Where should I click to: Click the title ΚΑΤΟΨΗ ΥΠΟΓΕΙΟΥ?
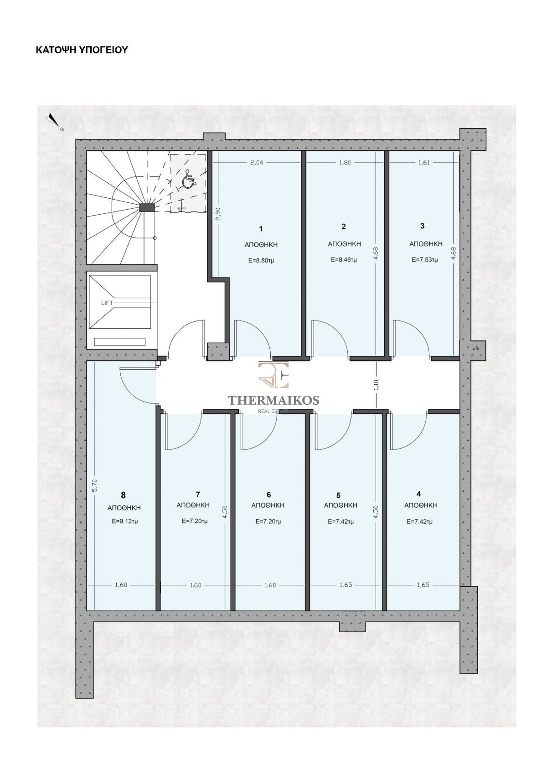click(82, 50)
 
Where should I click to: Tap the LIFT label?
click(107, 303)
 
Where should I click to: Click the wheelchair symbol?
click(189, 180)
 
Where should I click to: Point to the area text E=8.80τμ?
click(261, 261)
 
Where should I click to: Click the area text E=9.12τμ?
click(125, 521)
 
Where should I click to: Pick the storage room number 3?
click(422, 226)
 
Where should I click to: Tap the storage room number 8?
click(124, 495)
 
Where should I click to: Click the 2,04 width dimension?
click(256, 162)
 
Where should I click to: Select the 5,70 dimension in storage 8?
click(96, 485)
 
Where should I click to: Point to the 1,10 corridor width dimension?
click(376, 385)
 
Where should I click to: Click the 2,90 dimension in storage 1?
click(218, 213)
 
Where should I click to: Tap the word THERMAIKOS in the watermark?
click(273, 400)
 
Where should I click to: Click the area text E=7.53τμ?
click(425, 260)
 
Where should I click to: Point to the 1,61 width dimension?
click(423, 162)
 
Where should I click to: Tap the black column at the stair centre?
click(147, 207)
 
